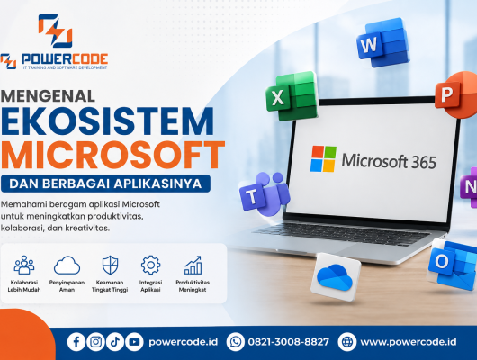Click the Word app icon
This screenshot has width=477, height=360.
click(382, 43)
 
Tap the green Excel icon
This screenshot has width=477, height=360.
click(292, 96)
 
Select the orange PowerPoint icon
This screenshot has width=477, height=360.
click(456, 94)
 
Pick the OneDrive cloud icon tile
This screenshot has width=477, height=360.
click(336, 276)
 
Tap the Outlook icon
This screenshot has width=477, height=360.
click(453, 265)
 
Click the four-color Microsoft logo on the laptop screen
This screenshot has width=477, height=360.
click(323, 159)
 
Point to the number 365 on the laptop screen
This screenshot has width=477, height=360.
click(424, 162)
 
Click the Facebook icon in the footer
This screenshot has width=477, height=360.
click(76, 342)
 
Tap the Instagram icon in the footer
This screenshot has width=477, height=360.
click(95, 342)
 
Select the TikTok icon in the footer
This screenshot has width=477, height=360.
click(115, 342)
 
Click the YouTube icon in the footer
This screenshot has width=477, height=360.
click(134, 342)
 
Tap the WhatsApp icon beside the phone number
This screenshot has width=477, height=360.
click(236, 342)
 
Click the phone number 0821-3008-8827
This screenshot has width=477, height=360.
click(288, 342)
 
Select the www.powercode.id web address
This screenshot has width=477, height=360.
click(409, 342)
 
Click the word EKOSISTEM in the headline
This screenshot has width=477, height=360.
click(107, 121)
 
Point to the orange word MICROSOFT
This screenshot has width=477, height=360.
click(112, 155)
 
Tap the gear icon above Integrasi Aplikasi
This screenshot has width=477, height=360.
click(150, 265)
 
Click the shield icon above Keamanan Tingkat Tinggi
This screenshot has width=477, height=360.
click(110, 265)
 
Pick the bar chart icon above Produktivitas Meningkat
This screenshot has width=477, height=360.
click(193, 265)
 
